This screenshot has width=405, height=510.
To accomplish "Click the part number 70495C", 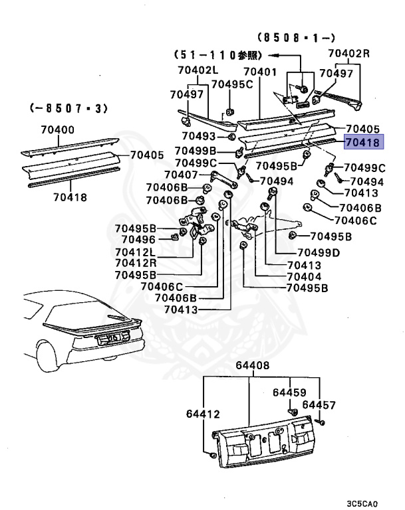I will [232, 84].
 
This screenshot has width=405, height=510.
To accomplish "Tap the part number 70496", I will [138, 240].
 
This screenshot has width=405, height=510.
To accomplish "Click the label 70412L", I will [134, 252].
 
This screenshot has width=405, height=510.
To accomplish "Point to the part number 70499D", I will [318, 252].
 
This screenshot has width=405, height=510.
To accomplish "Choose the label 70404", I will [304, 276].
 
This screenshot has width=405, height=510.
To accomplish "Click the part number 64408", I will [250, 365].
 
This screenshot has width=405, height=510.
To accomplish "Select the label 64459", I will [289, 392].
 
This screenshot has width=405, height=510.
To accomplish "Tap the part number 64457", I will [319, 404].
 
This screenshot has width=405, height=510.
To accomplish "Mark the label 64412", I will [203, 414].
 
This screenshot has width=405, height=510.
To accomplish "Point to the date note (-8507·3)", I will [69, 107].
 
